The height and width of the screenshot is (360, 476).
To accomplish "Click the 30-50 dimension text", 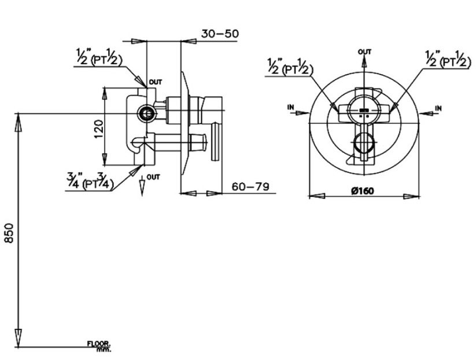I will [220, 34].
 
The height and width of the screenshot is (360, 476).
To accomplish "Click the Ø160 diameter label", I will [364, 190].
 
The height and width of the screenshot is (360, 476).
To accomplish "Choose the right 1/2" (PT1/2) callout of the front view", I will [446, 58].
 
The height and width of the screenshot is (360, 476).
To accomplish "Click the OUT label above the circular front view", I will [364, 52].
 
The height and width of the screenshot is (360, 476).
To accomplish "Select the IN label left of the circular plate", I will [290, 107].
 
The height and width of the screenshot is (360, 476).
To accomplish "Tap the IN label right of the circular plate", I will [438, 108].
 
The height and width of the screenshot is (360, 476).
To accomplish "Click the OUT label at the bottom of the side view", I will [153, 177].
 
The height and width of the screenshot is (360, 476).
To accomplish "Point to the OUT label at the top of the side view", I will [155, 83].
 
